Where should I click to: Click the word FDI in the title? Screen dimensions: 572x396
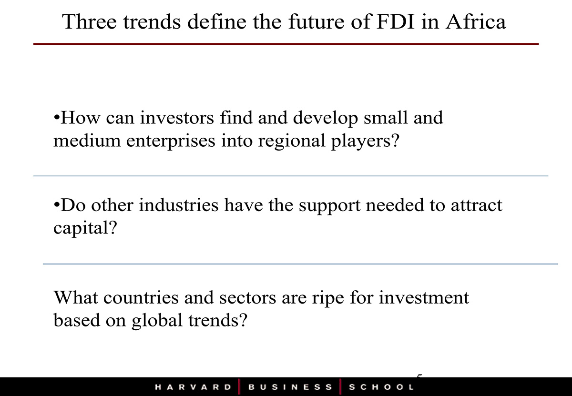pos(396,22)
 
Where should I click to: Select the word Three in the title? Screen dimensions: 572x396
pos(90,22)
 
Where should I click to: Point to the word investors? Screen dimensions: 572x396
pos(177,118)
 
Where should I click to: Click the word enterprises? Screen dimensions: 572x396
pos(171,142)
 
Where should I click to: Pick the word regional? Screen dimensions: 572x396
pos(292,142)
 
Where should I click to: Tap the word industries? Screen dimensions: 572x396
pos(178,205)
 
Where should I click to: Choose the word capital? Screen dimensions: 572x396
pos(85,228)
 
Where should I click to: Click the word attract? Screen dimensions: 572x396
pos(477,205)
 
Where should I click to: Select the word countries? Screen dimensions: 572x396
pos(141,297)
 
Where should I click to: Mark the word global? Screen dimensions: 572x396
pos(157,321)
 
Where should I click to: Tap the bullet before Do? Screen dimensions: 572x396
pos(57,205)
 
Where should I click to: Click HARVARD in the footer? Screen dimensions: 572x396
pos(193,387)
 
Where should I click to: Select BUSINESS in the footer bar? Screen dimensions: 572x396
pos(290,387)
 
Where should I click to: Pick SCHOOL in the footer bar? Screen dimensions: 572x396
pos(381,387)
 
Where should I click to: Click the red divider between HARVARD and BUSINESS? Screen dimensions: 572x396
pos(239,387)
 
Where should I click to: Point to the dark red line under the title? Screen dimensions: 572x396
pos(286,44)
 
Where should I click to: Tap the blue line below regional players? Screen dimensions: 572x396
pos(291,176)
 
